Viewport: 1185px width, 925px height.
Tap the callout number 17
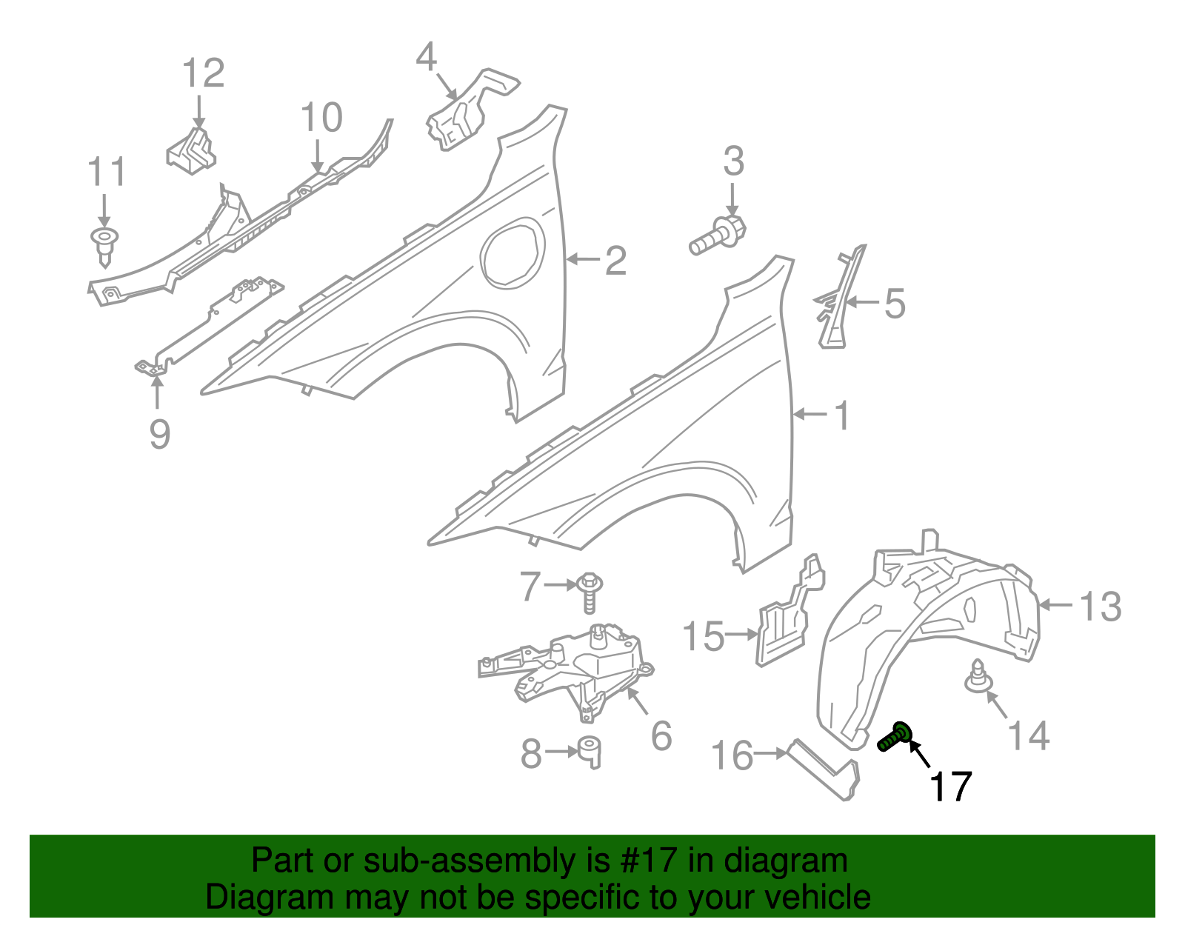point(950,787)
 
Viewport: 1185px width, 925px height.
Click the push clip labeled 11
point(104,244)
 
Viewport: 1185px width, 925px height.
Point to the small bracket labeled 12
point(191,151)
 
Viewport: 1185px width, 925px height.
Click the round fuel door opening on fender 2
point(512,252)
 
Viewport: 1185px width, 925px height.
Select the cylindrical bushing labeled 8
point(590,751)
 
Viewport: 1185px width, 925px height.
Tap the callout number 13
point(1100,607)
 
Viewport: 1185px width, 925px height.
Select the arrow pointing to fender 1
point(810,415)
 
